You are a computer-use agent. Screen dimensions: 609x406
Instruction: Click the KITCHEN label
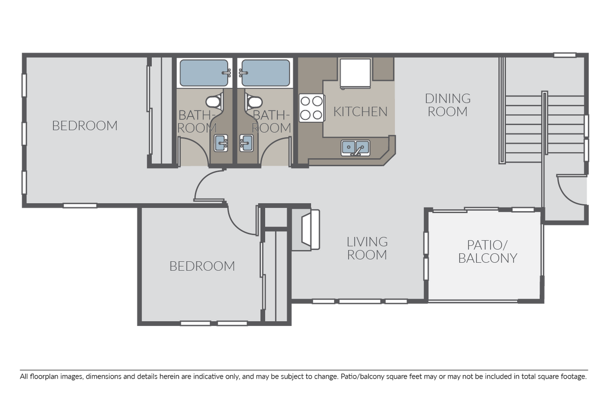tap(360, 112)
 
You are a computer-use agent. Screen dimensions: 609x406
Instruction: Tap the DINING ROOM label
tap(448, 105)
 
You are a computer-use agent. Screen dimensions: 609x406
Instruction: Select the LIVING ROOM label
tap(367, 248)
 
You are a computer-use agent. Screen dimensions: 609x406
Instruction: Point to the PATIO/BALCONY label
tap(488, 252)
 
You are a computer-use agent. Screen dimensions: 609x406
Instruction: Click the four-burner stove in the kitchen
tap(311, 108)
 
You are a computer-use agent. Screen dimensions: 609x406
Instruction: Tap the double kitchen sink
tap(356, 148)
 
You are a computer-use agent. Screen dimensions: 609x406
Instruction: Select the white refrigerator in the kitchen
tap(356, 74)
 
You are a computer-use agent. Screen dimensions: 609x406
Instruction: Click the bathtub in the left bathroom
tap(204, 73)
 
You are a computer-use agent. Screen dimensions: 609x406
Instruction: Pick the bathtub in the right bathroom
tap(265, 73)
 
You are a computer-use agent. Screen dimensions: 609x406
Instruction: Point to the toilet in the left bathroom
tap(215, 102)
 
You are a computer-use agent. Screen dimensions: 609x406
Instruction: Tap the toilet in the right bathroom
tap(253, 102)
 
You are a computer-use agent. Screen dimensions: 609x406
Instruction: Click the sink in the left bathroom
tap(221, 143)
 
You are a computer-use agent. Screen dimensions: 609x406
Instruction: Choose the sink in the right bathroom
tap(247, 143)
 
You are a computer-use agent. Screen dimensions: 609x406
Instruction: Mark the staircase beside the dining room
tap(542, 127)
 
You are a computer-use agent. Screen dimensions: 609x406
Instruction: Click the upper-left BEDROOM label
tap(85, 126)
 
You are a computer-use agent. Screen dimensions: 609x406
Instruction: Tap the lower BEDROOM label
tap(202, 266)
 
